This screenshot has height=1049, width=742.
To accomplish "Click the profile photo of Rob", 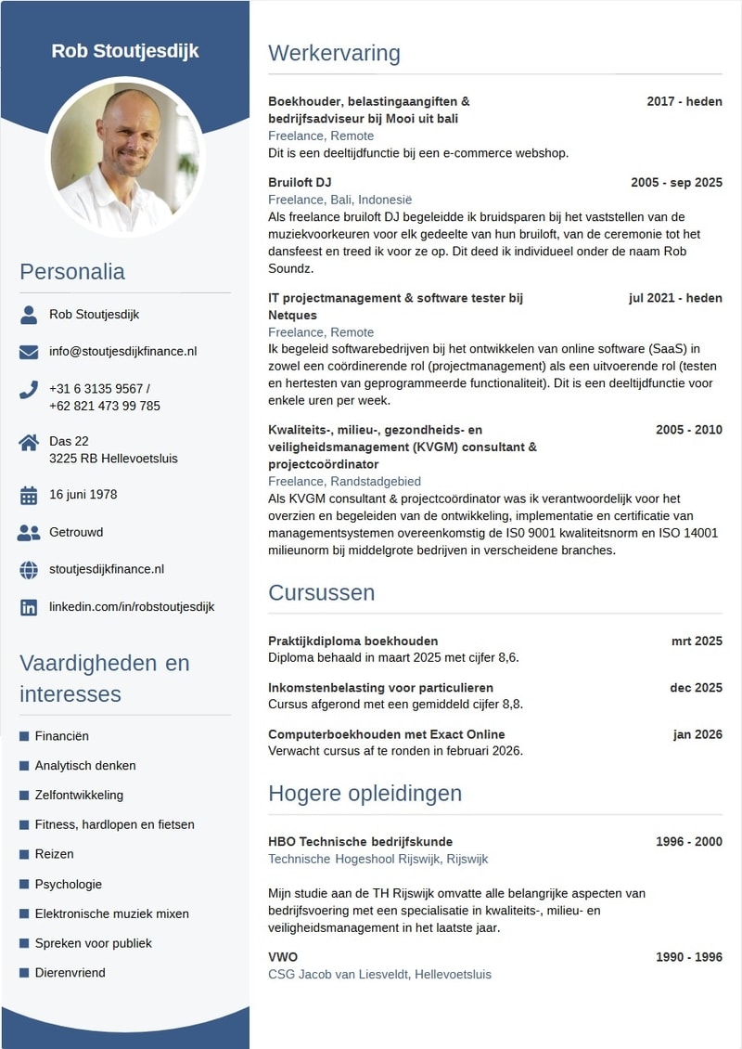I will (125, 157).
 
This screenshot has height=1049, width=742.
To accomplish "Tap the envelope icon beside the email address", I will (29, 352).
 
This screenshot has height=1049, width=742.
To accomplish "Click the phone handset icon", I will (29, 390).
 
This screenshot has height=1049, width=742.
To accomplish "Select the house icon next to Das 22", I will (29, 442).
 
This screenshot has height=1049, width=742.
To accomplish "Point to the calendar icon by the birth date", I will (29, 495).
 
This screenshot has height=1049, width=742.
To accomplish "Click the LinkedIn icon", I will (29, 607).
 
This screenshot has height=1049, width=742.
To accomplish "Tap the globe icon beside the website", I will (29, 570).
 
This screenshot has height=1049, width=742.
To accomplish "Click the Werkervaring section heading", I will (334, 53).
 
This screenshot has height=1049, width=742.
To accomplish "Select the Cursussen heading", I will (321, 592).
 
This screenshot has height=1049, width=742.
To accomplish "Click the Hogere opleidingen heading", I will (365, 794).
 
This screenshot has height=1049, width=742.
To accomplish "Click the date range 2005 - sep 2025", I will (676, 182).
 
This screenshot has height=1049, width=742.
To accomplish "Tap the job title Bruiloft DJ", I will (300, 182).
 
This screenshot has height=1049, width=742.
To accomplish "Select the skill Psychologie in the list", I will (69, 884).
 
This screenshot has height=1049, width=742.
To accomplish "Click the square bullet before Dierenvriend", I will (24, 972).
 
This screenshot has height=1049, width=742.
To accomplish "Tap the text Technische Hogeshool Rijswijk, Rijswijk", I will (377, 859).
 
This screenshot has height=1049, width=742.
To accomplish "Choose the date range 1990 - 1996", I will (688, 957).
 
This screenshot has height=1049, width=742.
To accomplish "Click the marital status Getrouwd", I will (76, 532).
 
